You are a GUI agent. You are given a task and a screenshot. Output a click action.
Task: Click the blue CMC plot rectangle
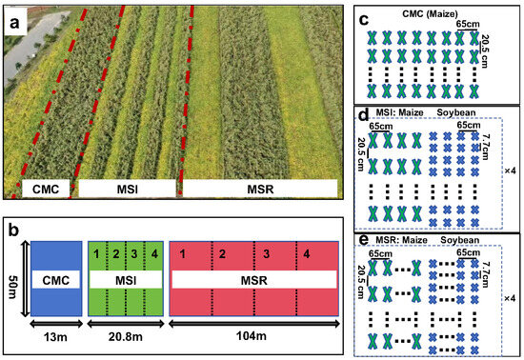tap(56, 257)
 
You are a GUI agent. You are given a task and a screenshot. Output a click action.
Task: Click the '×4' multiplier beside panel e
tap(512, 299)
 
